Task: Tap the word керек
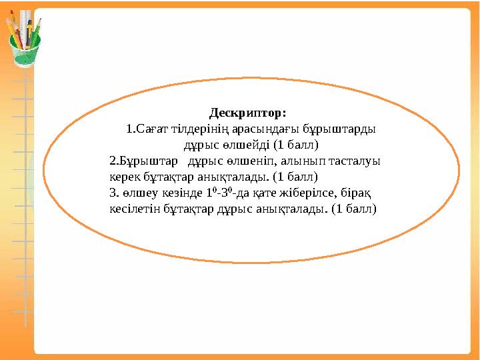[x=123, y=177]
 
